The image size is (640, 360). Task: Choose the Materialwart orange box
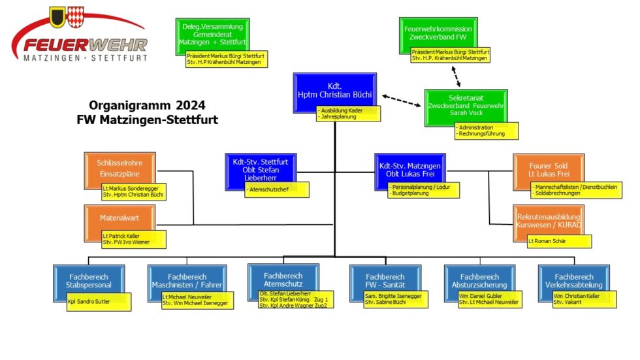[120, 218]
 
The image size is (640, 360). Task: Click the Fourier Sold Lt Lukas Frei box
[548, 169]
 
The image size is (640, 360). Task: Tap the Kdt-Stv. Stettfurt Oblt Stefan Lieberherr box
[260, 168]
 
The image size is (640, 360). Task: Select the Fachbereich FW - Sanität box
[385, 280]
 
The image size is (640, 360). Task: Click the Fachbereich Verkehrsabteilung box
[574, 279]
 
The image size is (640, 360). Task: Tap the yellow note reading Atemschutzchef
[276, 190]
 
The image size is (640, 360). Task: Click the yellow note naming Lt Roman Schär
[559, 241]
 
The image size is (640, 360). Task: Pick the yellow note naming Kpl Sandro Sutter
[98, 302]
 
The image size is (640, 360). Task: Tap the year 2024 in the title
[191, 105]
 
